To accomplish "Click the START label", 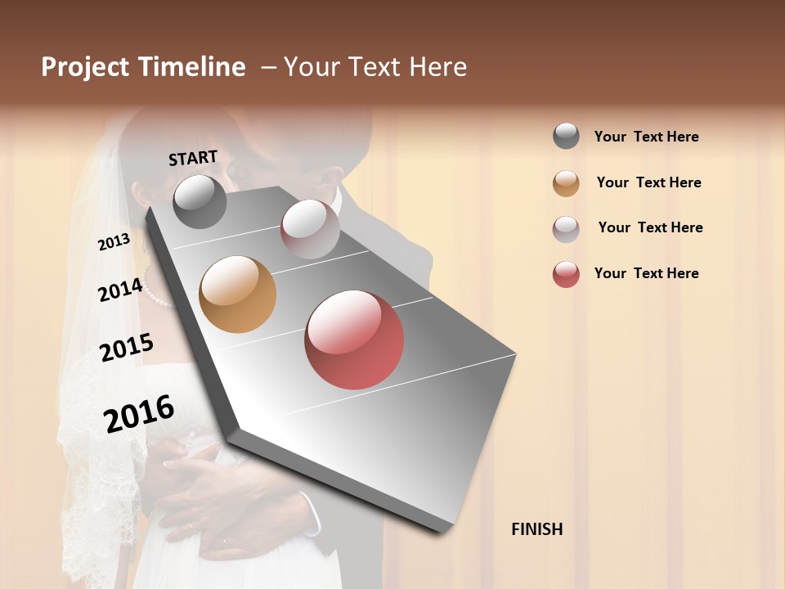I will [x=193, y=158].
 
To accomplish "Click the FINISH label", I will [x=536, y=529].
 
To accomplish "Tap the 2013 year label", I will [x=114, y=242].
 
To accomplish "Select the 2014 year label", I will [x=120, y=290].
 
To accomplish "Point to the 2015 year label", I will [x=126, y=348].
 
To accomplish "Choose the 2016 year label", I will [x=139, y=413].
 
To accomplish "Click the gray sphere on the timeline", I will [x=200, y=201].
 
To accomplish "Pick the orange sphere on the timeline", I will [x=237, y=294].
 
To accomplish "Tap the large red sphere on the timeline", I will [x=354, y=339].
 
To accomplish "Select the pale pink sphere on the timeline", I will [x=310, y=228].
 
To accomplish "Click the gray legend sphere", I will [x=566, y=137].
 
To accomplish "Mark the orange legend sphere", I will [x=566, y=183].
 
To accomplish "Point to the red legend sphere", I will [x=566, y=274].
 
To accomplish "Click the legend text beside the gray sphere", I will [x=646, y=137].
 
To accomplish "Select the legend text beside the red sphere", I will [x=646, y=273].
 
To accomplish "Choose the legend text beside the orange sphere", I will [x=648, y=182].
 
